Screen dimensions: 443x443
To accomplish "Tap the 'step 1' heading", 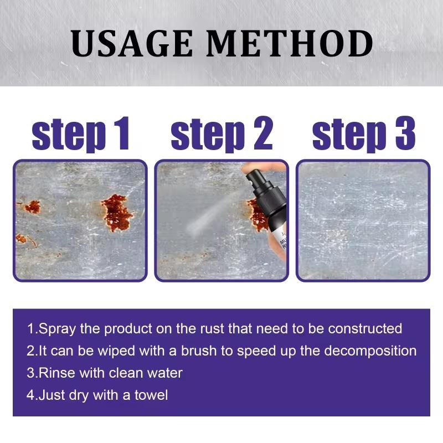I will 81,134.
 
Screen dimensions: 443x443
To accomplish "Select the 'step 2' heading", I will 221,134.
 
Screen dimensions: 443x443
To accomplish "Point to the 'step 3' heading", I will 364,134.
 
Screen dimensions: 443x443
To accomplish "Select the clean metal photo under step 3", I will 363,220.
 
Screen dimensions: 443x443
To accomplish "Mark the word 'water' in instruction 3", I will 165,373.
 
